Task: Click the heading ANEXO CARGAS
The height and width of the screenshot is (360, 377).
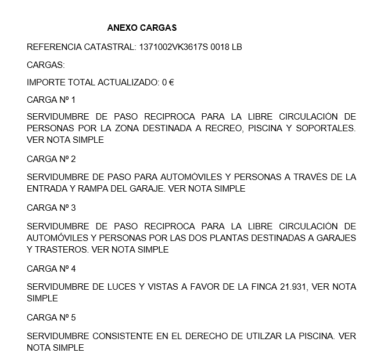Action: point(142,27)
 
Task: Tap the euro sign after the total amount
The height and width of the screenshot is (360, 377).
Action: point(171,82)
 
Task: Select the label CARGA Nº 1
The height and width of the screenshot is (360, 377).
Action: point(51,99)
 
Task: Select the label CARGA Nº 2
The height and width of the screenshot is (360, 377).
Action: point(51,159)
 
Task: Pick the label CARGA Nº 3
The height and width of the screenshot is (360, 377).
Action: point(51,207)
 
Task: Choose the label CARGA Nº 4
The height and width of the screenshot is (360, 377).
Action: point(51,269)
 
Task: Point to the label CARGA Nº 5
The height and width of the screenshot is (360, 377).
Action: point(51,318)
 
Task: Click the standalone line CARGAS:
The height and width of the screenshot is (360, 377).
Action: point(46,65)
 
